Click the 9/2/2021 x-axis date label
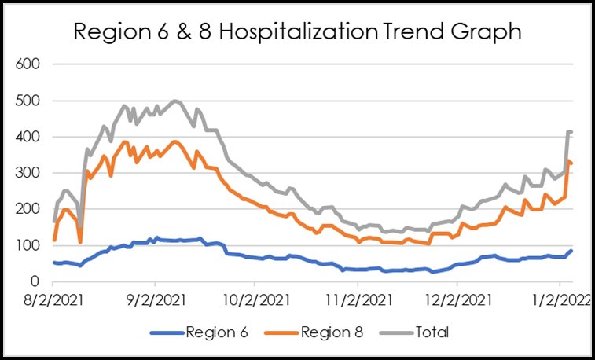(x=154, y=299)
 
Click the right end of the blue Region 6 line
(x=571, y=251)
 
